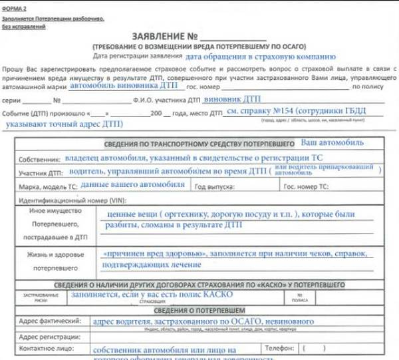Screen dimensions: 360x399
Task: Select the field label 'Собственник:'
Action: [x=39, y=160]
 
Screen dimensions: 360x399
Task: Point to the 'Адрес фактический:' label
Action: [x=47, y=321]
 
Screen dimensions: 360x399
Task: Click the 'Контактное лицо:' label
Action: [x=45, y=348]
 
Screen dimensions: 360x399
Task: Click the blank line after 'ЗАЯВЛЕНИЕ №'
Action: [x=233, y=37]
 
